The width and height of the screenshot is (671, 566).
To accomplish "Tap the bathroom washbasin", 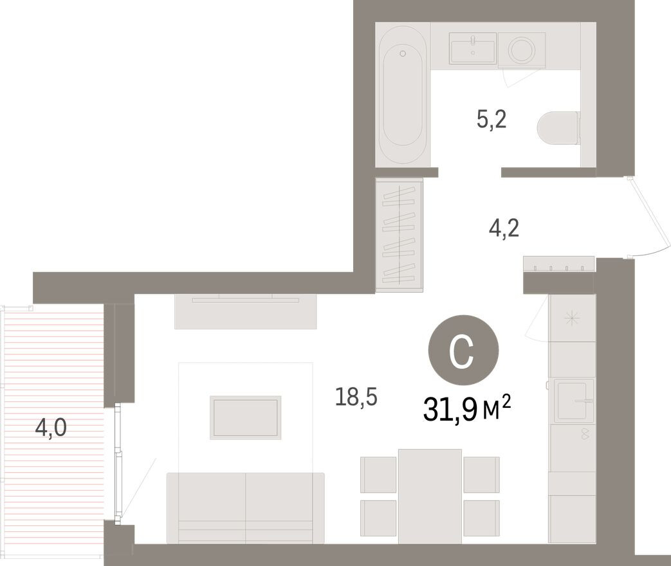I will pos(473,49).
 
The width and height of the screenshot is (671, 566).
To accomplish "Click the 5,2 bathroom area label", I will pos(492,119).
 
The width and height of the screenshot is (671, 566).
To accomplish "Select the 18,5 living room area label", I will pos(356,397).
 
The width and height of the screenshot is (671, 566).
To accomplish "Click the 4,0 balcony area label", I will pos(51,427).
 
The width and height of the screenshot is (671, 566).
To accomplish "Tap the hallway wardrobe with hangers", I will pos(399,234).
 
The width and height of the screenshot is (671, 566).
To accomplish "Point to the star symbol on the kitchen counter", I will pos(571,318).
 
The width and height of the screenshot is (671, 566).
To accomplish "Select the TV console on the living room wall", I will pos(245,312).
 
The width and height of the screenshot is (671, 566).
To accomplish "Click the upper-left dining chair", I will pos(378,474).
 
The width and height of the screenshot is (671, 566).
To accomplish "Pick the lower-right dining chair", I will pos(481,517).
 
